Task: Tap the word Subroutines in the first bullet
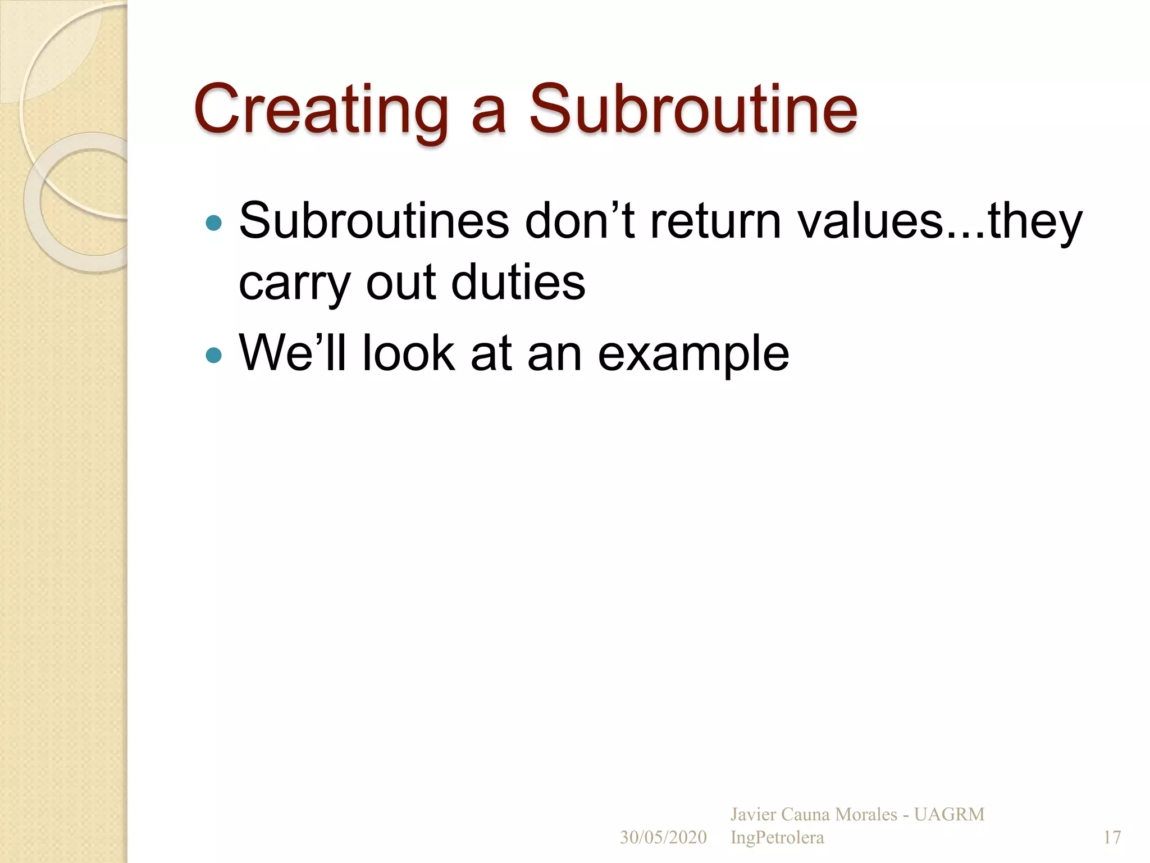pyautogui.click(x=374, y=221)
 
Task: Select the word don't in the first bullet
pyautogui.click(x=580, y=221)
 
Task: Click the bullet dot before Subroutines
pyautogui.click(x=214, y=223)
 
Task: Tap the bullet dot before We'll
pyautogui.click(x=214, y=355)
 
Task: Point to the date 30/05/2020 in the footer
pyautogui.click(x=663, y=837)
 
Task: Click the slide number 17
pyautogui.click(x=1112, y=837)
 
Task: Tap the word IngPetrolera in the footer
pyautogui.click(x=777, y=837)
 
